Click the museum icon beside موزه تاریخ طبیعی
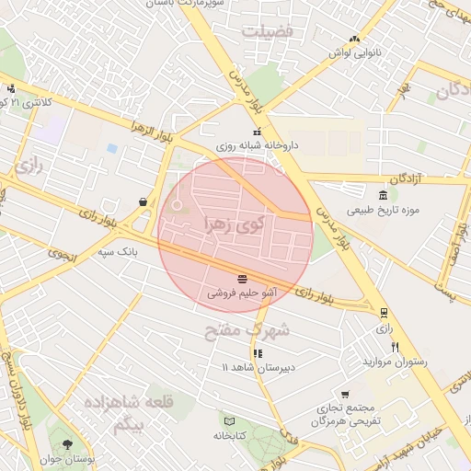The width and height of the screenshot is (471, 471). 383,194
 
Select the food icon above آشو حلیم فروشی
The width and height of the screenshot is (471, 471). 241,278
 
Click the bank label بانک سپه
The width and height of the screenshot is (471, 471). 119,250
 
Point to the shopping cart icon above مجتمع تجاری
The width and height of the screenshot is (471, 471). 345,393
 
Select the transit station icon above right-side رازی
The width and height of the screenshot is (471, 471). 384,312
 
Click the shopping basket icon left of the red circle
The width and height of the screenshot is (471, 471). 143,201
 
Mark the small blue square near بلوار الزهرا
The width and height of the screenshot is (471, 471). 112,148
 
